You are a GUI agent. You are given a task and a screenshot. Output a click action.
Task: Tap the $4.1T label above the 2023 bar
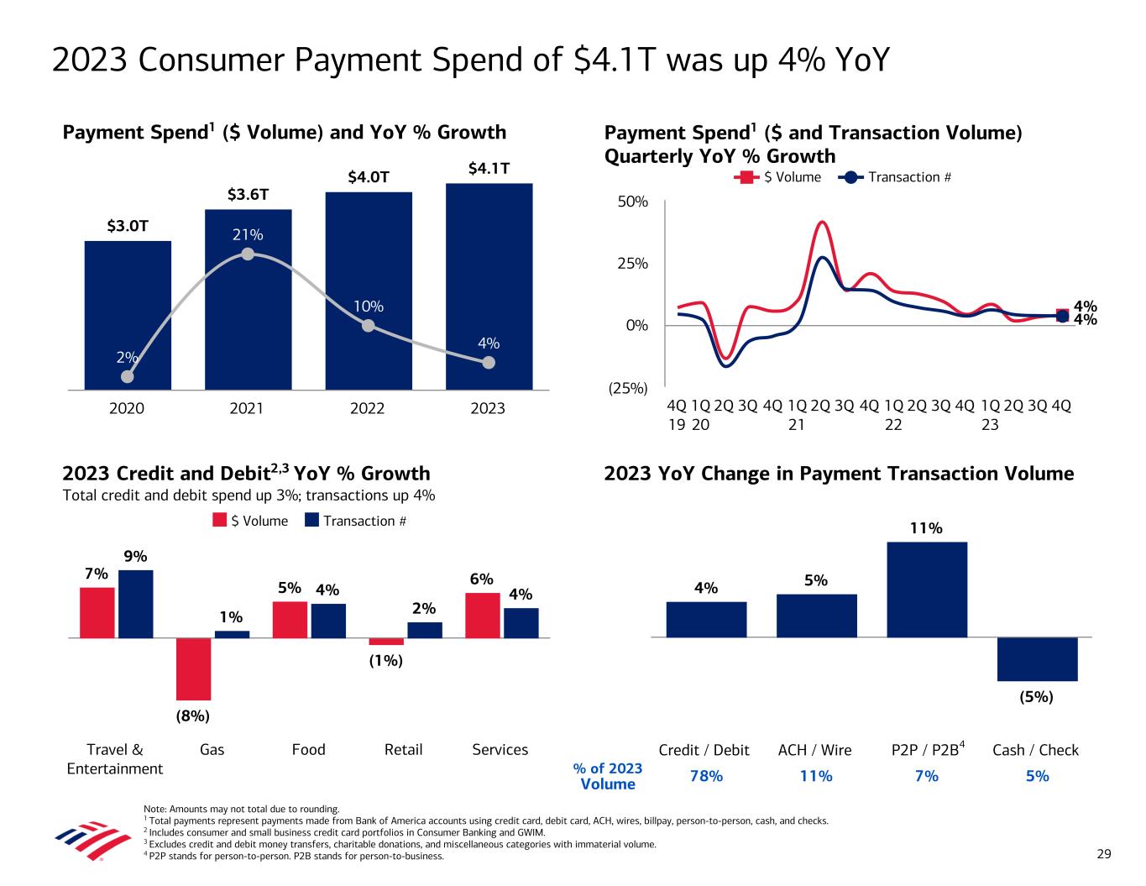pyautogui.click(x=489, y=169)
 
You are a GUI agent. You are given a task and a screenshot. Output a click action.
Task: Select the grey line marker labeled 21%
pyautogui.click(x=248, y=254)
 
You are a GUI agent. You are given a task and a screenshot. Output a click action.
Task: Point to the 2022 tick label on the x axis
pyautogui.click(x=367, y=409)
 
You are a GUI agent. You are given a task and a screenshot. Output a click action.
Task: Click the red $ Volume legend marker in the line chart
pyautogui.click(x=743, y=177)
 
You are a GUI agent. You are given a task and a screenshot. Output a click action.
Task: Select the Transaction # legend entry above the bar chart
pyautogui.click(x=355, y=521)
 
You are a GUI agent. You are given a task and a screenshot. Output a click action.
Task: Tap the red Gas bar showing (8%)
pyautogui.click(x=193, y=668)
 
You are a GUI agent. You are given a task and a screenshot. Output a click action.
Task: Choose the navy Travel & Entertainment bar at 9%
pyautogui.click(x=136, y=604)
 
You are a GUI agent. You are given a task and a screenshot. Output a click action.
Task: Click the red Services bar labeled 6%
pyautogui.click(x=482, y=615)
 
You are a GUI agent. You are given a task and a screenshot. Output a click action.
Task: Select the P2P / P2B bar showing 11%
pyautogui.click(x=927, y=590)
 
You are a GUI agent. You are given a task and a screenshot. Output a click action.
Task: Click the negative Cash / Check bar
pyautogui.click(x=1037, y=659)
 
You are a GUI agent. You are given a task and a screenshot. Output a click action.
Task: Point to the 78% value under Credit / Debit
pyautogui.click(x=705, y=776)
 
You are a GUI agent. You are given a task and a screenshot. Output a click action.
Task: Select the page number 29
pyautogui.click(x=1104, y=855)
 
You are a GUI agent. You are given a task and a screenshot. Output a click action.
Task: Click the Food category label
pyautogui.click(x=308, y=750)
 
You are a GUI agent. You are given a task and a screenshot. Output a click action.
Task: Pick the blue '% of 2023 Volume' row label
pyautogui.click(x=607, y=776)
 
